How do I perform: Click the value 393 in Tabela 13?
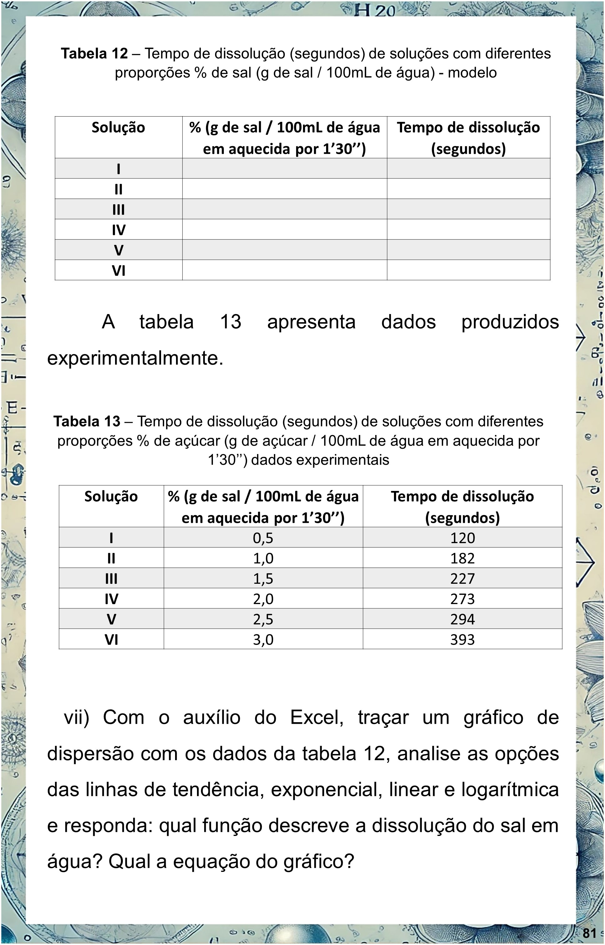coord(462,640)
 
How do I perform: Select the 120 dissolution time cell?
coord(462,538)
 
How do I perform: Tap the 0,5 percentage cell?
coord(263,538)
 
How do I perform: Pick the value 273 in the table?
coord(462,599)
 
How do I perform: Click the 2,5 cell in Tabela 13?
coord(263,619)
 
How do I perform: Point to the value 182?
coord(462,558)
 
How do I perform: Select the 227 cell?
coord(462,579)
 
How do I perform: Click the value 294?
coord(462,619)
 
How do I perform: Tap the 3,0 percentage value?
coord(263,640)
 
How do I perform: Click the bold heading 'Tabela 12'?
coord(94,53)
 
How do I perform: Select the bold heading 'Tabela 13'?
coord(87,421)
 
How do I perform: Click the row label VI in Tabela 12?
coord(118,271)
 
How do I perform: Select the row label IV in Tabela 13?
coord(111,599)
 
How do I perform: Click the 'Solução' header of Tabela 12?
coord(118,127)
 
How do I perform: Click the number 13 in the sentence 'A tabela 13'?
coord(231,322)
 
